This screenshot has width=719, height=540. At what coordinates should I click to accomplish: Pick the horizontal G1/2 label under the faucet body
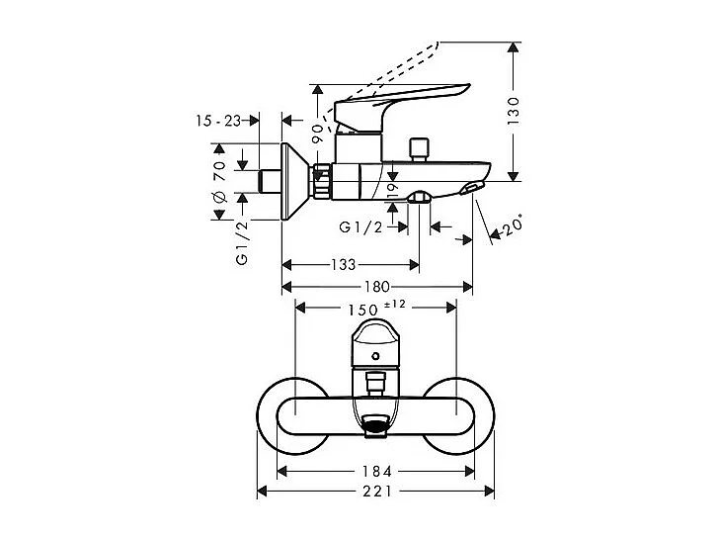coord(362,227)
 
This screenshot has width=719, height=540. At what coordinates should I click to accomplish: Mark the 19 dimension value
coord(392,188)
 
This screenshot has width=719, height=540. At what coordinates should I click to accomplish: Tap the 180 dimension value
coord(377,287)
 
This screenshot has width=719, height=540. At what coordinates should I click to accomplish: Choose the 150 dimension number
coord(362,310)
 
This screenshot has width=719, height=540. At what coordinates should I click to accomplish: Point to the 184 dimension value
coord(376,471)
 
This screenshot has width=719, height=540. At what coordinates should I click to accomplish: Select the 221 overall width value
coord(376,492)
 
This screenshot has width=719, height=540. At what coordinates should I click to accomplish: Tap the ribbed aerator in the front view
coord(374,427)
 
